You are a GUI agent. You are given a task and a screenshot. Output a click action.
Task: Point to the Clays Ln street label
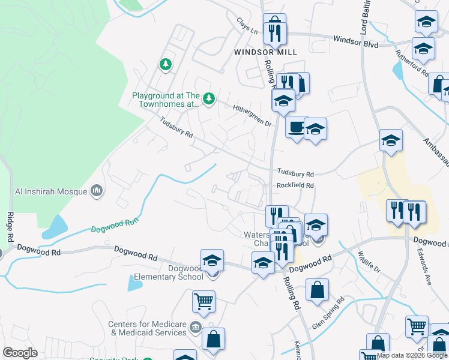point(247,26)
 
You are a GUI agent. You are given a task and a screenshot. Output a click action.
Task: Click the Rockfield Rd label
point(295,185)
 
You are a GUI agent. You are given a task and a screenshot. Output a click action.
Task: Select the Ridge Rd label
point(10,227)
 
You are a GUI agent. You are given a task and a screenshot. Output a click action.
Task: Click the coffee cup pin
point(296,127)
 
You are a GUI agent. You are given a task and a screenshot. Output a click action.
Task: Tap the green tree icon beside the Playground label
point(208,98)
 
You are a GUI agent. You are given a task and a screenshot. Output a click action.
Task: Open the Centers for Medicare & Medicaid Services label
point(147,328)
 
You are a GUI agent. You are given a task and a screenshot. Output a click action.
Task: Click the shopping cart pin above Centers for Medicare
point(204,301)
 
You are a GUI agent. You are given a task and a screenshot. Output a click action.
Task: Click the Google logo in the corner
point(20,353)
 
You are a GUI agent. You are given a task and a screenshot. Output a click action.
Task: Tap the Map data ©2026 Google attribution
point(412,355)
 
